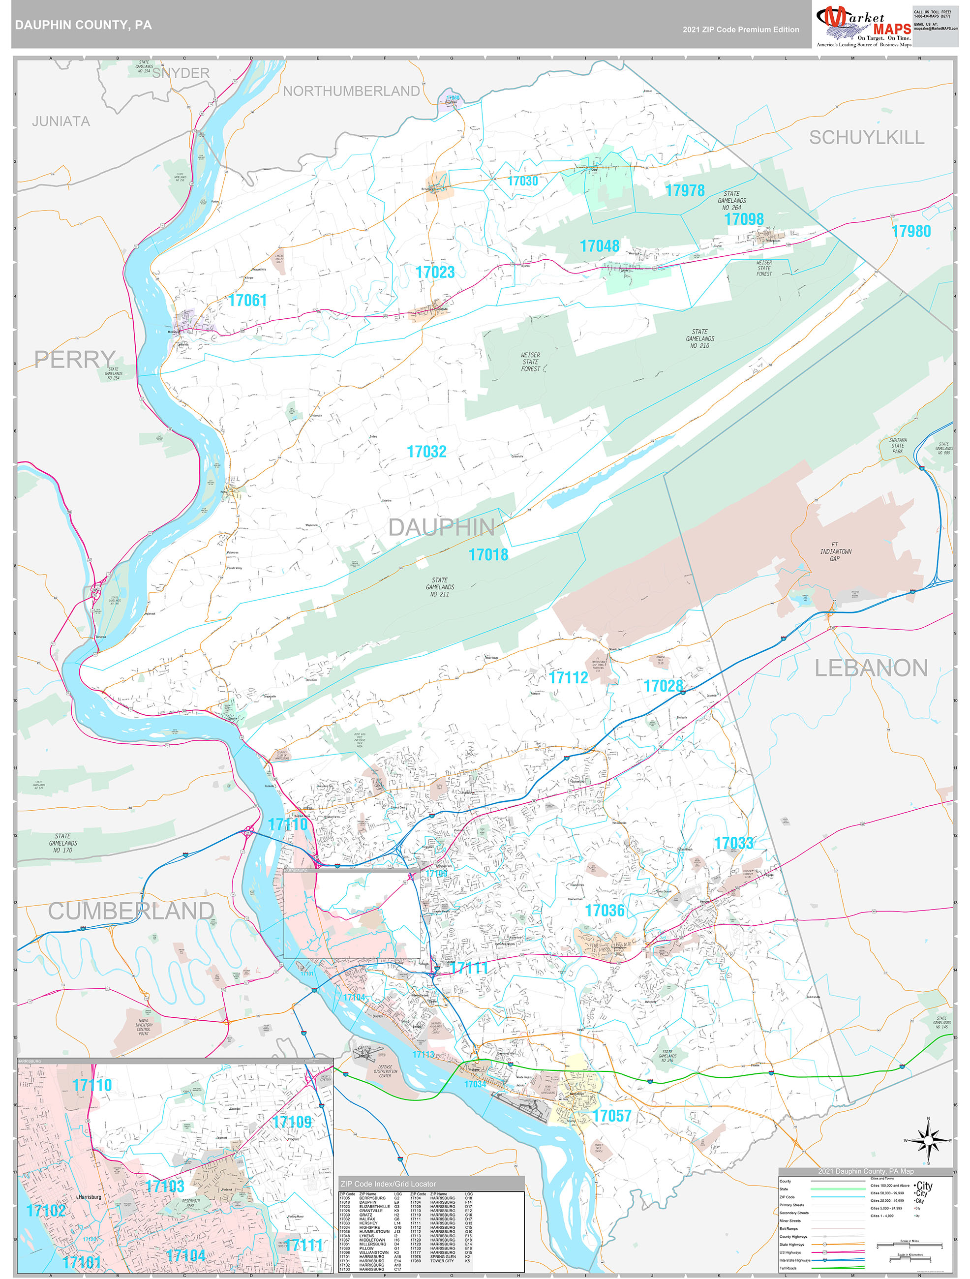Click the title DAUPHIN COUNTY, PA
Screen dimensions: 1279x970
tap(83, 25)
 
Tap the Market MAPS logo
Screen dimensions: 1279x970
tap(863, 27)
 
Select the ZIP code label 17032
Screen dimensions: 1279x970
tap(426, 452)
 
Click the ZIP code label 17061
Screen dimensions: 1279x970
tap(247, 300)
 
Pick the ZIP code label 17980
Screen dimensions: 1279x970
tap(910, 231)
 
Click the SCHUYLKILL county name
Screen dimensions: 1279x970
tap(866, 138)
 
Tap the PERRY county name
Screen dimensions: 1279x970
tap(75, 360)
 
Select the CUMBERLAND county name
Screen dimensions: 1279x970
tap(131, 911)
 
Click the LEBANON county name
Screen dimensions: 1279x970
tap(871, 669)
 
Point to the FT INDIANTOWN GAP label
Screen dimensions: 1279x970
tap(835, 551)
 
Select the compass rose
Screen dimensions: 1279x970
tap(928, 1140)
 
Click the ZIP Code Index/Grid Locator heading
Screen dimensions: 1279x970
tap(388, 1184)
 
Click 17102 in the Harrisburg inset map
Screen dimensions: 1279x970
tap(46, 1210)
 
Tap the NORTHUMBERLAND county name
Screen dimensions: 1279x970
tap(351, 91)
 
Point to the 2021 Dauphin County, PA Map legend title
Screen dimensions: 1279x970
tap(865, 1171)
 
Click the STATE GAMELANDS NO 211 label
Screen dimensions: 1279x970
tap(439, 587)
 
